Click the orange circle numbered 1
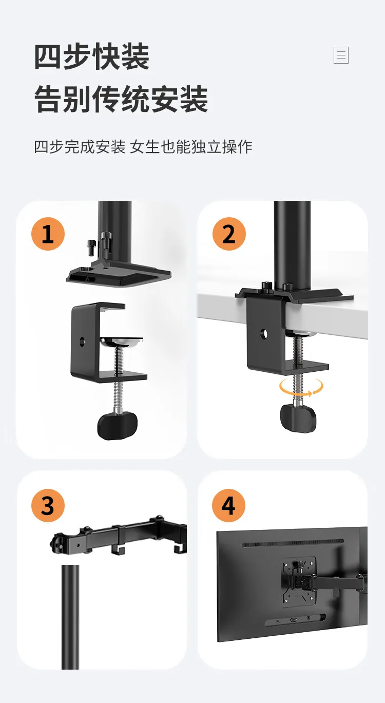(x=48, y=234)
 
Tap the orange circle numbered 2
(x=229, y=234)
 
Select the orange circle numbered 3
(x=48, y=506)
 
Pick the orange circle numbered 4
(x=228, y=506)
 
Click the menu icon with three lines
(x=341, y=55)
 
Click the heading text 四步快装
(x=91, y=57)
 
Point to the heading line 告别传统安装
(x=121, y=99)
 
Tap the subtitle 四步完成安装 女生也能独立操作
(x=143, y=147)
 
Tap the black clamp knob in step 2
(x=298, y=419)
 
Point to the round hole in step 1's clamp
(x=82, y=341)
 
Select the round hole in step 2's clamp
(x=264, y=334)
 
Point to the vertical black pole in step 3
(x=70, y=617)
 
